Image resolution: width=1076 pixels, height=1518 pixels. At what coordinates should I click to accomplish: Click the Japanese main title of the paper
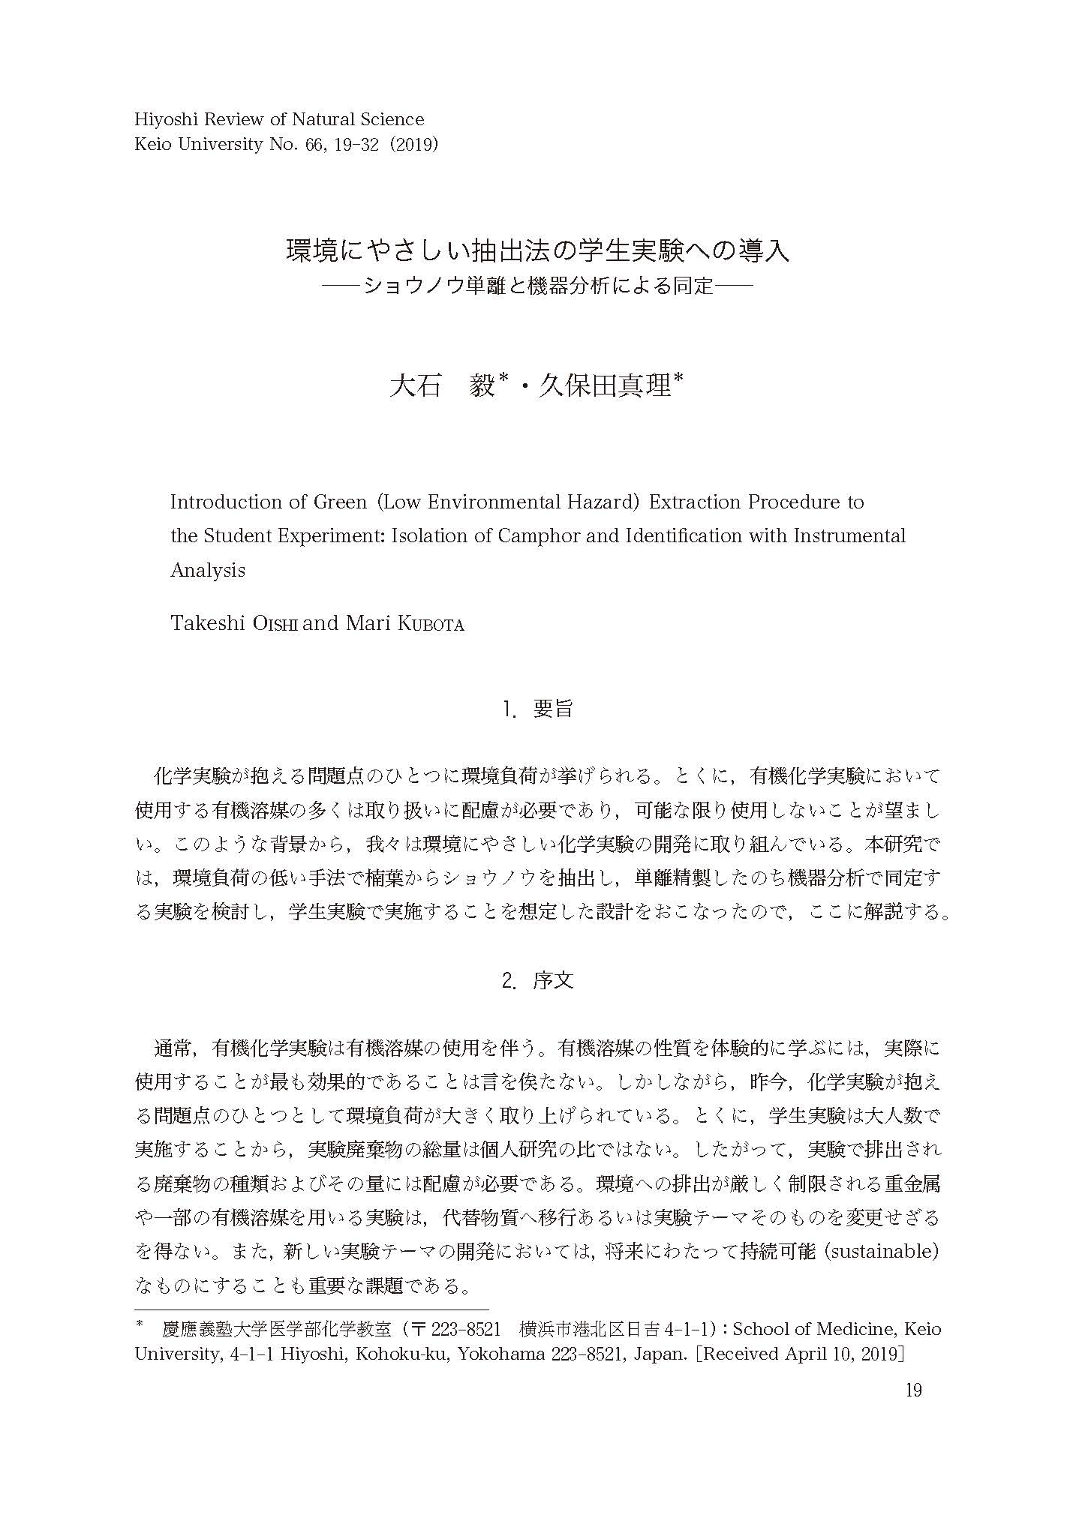click(537, 250)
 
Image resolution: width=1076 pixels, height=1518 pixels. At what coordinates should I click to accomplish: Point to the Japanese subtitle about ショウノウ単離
click(537, 286)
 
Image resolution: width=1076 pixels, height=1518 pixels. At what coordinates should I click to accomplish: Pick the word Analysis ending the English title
click(208, 570)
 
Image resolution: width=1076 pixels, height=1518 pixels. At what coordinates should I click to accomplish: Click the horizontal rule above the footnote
click(311, 1309)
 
